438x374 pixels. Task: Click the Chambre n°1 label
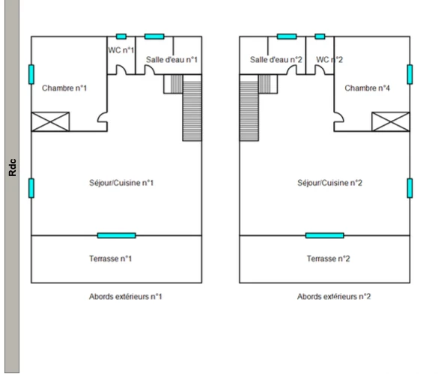[x=64, y=88]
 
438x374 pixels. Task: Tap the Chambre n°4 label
[x=367, y=88]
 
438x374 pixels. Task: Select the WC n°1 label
[x=121, y=50]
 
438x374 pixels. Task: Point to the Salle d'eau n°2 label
[x=276, y=59]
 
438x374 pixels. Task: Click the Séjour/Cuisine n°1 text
[x=121, y=183]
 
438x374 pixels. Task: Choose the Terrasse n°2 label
[x=328, y=259]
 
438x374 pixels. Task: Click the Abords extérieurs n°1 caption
[x=126, y=297]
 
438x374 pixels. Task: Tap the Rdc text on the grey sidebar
[x=13, y=168]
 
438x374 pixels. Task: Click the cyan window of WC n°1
[x=121, y=37]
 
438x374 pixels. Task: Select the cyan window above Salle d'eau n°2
[x=287, y=37]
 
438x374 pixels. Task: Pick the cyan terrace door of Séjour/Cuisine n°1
[x=117, y=235]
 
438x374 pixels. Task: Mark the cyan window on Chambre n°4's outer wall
[x=410, y=74]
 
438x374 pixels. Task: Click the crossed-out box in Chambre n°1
[x=50, y=121]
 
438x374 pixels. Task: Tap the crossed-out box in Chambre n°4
[x=391, y=121]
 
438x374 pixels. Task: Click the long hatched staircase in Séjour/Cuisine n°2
[x=249, y=112]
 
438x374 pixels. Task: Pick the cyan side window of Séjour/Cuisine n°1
[x=31, y=188]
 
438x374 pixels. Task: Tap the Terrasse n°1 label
[x=110, y=259]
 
